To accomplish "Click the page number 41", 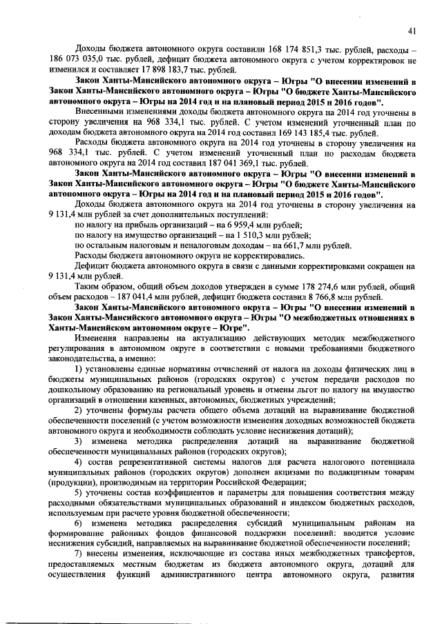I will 412,30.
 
